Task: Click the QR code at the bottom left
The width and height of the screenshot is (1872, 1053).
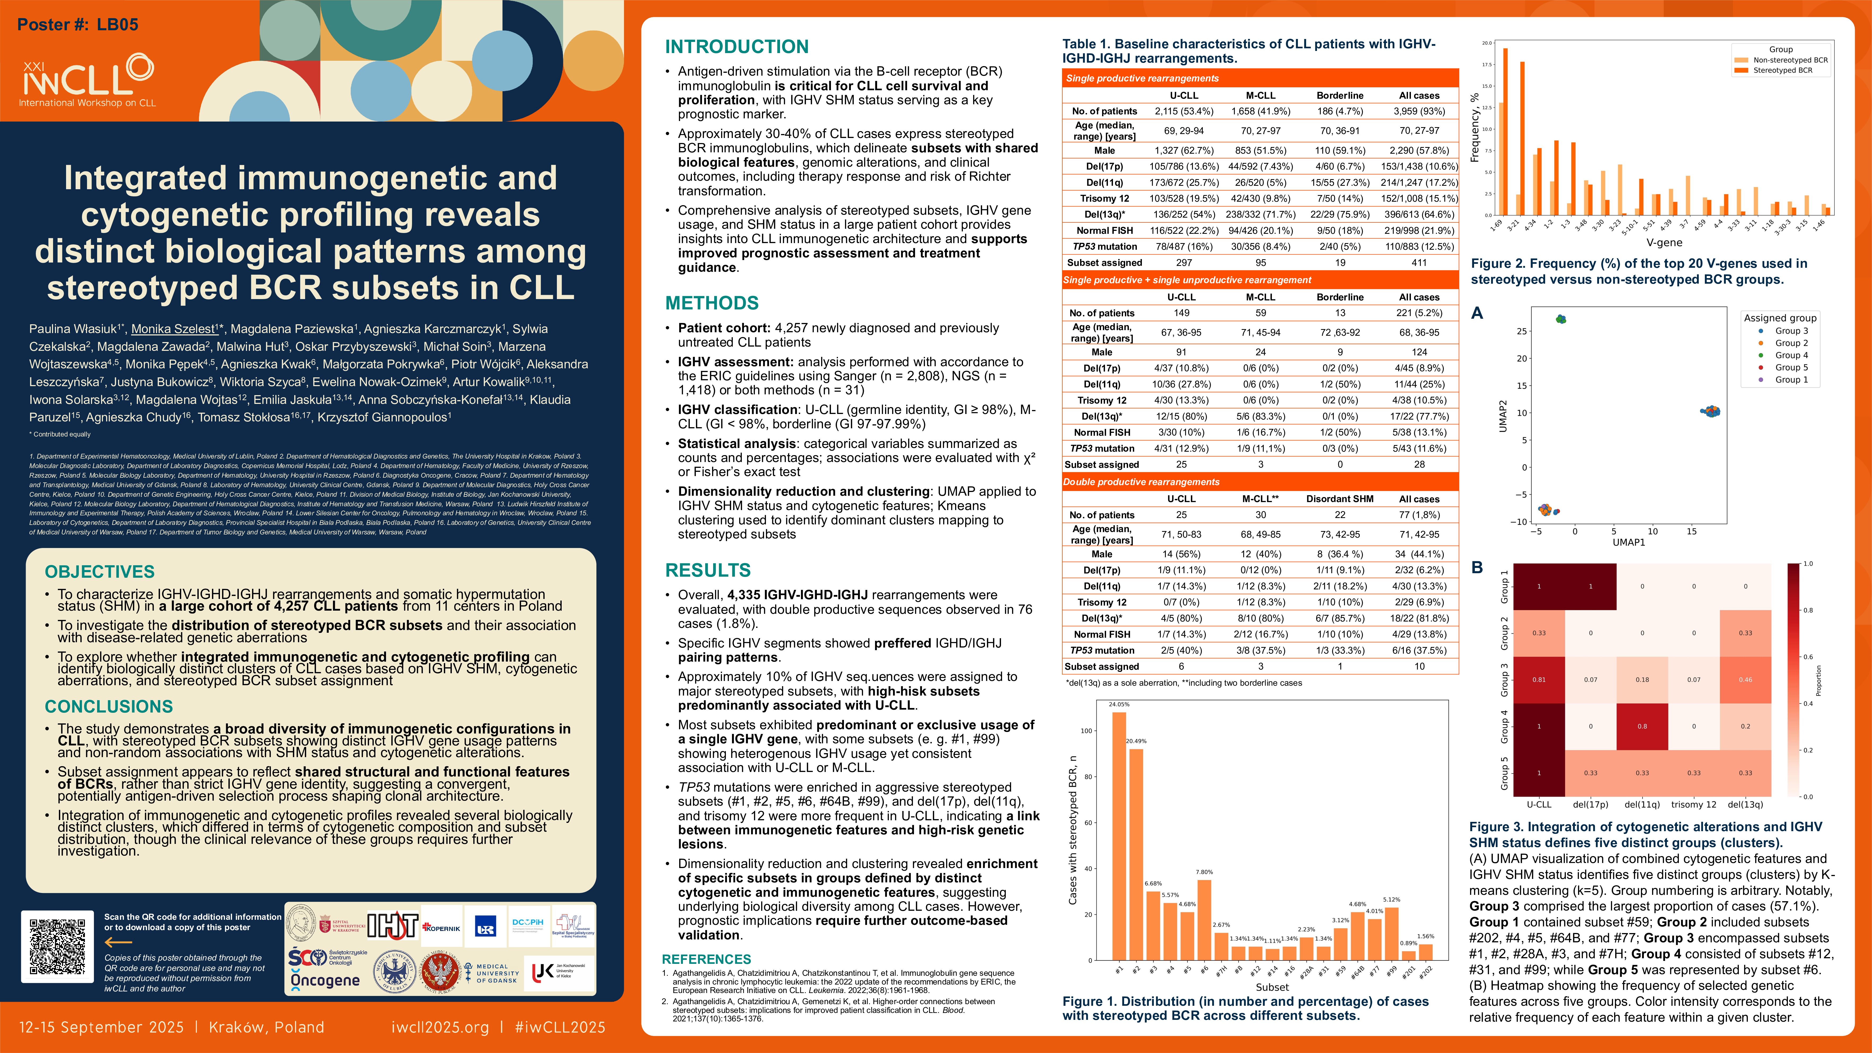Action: (57, 946)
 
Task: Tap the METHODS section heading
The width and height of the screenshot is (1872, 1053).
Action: (712, 303)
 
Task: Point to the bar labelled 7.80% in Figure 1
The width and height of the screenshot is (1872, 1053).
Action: (1204, 919)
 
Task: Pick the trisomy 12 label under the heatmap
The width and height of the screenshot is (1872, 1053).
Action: (1693, 804)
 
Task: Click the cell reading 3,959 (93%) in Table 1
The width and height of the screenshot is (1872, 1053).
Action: (1419, 111)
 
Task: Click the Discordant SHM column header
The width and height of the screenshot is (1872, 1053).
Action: (1339, 499)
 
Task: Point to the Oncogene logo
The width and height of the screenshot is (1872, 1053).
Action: (325, 980)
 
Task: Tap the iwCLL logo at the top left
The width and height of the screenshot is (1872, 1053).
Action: (87, 81)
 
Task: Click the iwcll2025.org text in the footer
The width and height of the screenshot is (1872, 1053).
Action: (440, 1027)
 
